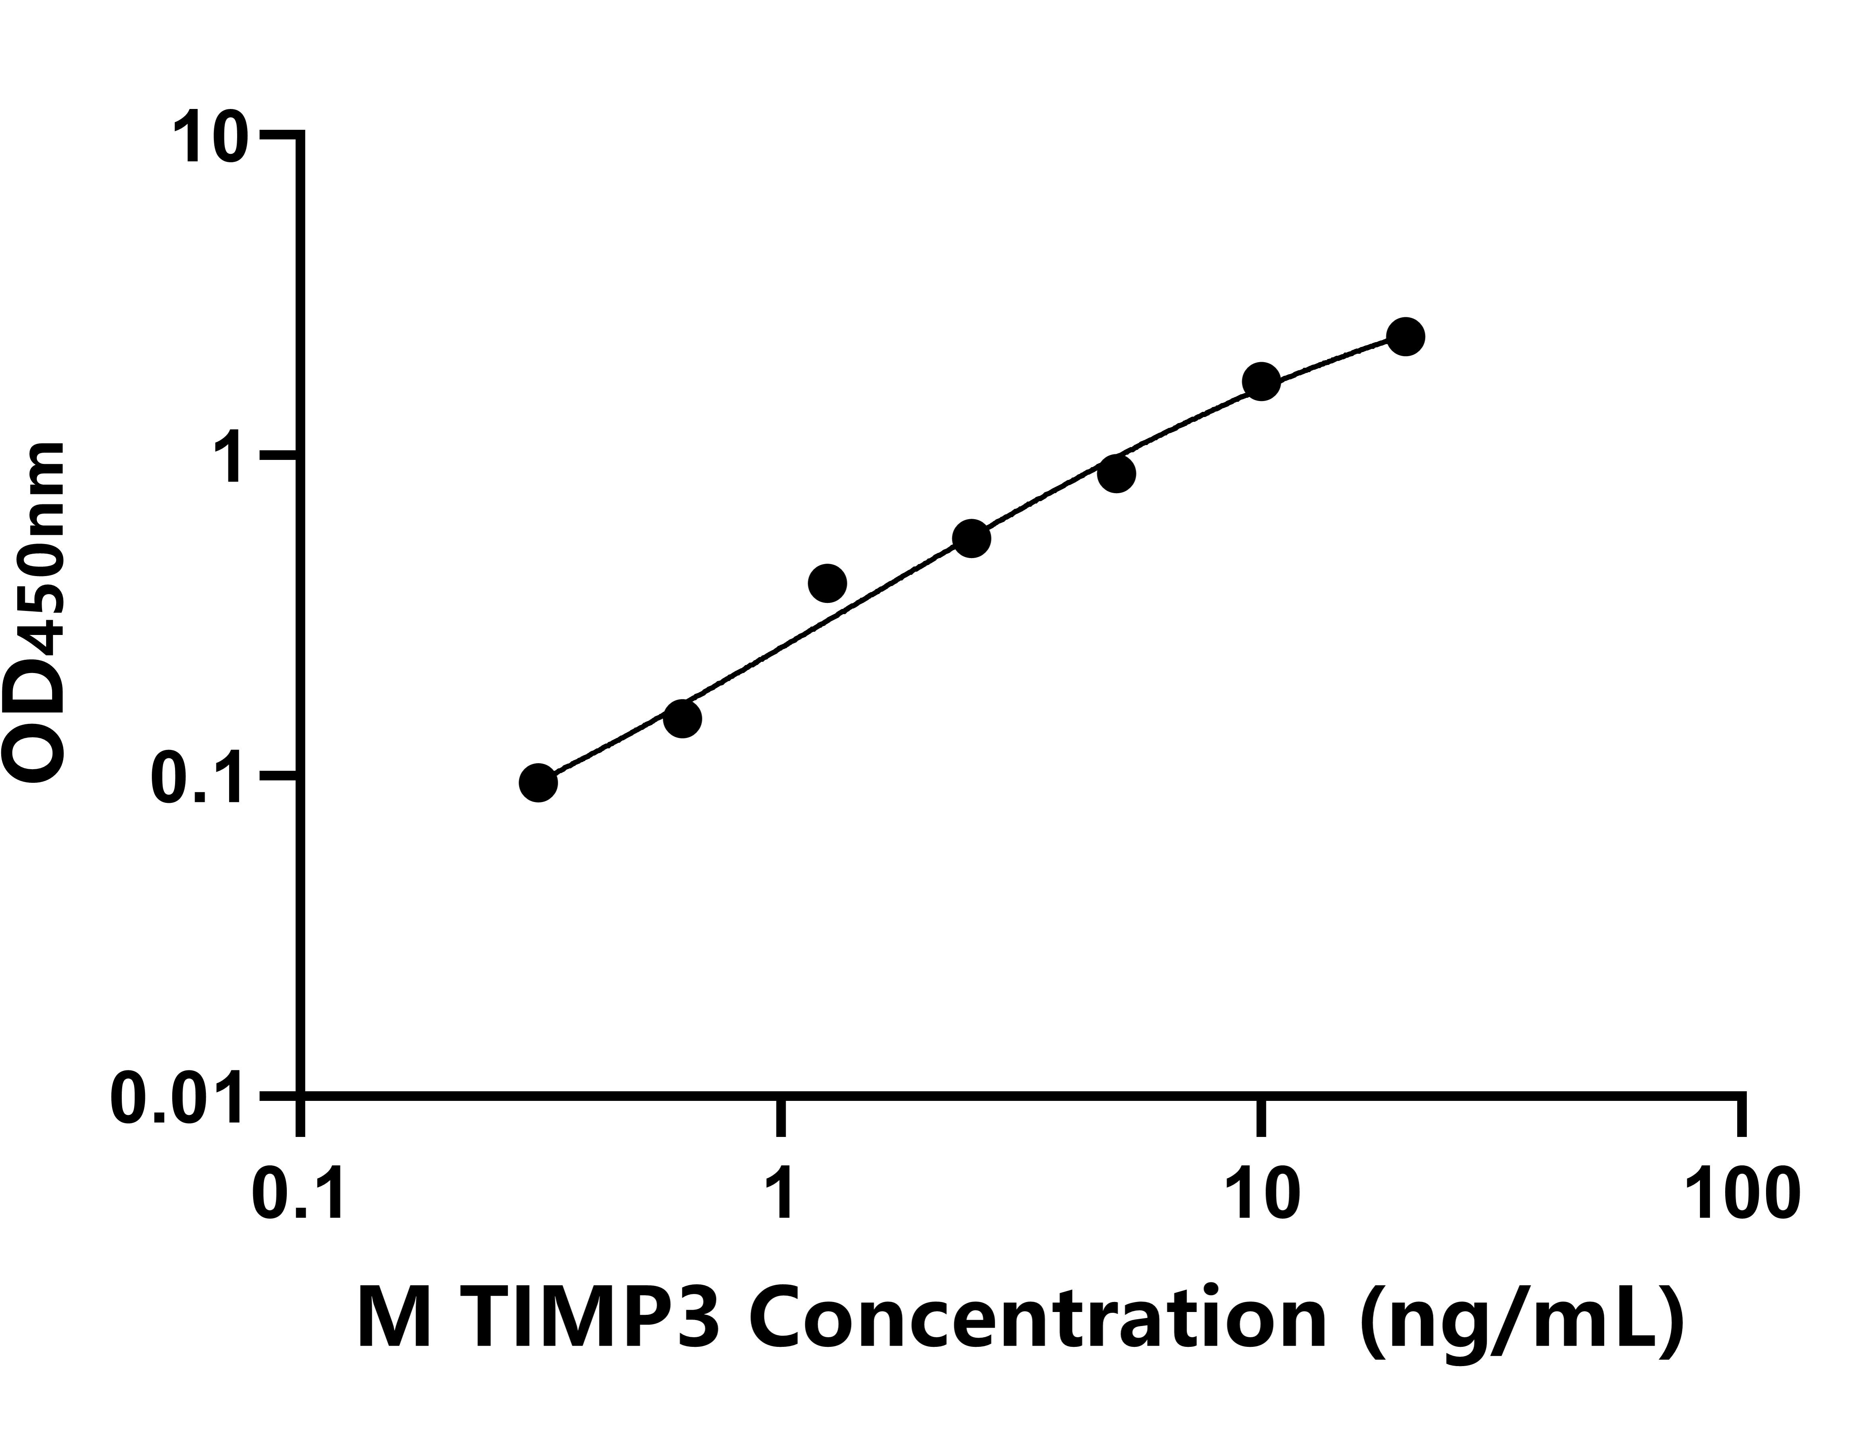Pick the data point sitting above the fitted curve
[x=828, y=584]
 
